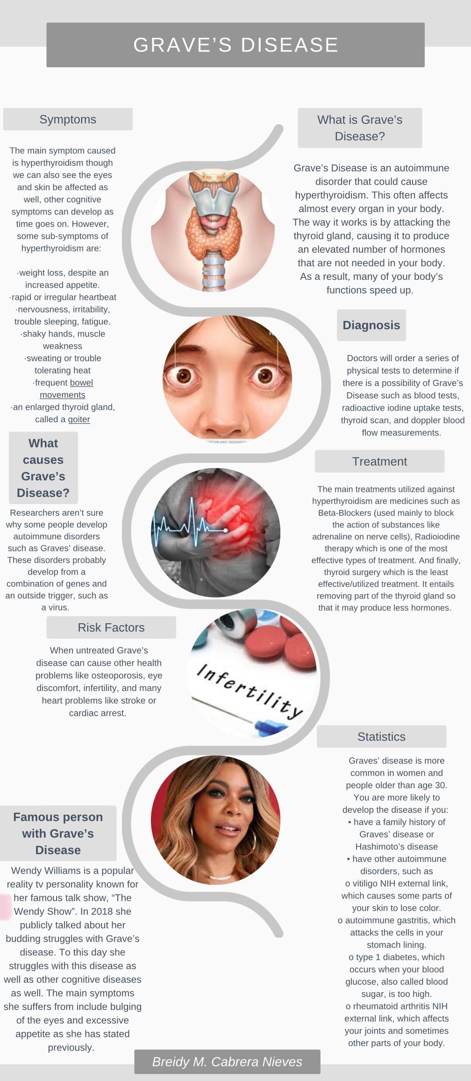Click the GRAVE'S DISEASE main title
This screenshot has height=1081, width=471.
(235, 45)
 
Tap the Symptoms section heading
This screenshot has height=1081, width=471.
(68, 120)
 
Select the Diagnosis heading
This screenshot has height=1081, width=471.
(371, 325)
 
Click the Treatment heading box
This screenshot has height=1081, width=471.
(379, 462)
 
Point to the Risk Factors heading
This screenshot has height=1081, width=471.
(111, 627)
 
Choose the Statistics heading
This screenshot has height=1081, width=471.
(381, 737)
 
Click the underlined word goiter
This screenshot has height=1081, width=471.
(79, 420)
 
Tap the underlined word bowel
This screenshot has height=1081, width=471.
(82, 383)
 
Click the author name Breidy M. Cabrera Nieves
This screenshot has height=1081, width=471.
(227, 1062)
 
